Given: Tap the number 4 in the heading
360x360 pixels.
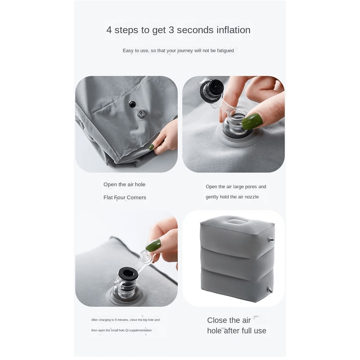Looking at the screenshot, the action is pos(109,30).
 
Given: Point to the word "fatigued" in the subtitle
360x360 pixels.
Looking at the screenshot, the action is pos(225,50).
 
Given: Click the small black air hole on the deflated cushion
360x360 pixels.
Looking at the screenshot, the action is pos(132,104).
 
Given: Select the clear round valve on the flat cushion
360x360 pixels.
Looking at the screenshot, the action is pos(141,113).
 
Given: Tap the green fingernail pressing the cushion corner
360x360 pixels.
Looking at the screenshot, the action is pos(151,147).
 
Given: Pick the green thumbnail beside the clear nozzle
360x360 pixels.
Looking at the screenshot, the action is pos(252,121).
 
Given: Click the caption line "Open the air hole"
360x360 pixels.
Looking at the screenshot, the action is pos(124,184).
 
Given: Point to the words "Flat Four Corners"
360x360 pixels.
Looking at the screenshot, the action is pos(125,198).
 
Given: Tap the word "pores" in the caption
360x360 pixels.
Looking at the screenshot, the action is pos(251,187).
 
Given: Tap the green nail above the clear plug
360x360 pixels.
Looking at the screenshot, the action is pos(153,245).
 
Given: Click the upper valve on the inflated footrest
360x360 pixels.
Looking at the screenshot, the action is pos(271,240).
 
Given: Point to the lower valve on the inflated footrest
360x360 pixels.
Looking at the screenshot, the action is pos(270,290).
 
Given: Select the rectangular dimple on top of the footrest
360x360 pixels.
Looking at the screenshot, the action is pos(235,222).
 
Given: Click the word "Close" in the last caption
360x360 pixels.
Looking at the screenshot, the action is pos(217,320).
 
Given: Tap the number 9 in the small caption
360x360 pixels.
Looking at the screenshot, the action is pos(116,320).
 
